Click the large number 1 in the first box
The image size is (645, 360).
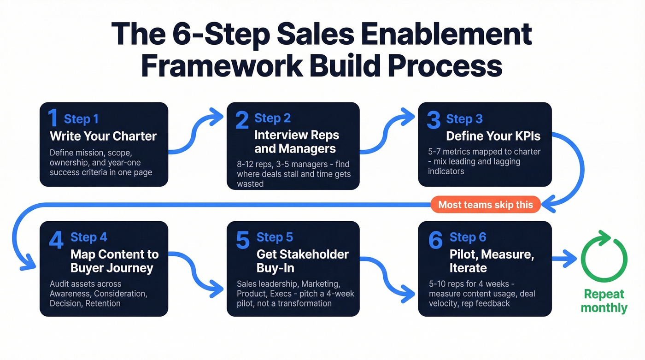[53, 118]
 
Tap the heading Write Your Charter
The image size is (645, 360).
[103, 136]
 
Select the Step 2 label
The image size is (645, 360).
[272, 118]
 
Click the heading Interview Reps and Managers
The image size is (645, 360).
[296, 142]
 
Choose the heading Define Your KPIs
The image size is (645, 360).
[493, 136]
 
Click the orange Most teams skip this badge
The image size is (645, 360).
[485, 205]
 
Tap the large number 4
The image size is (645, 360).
[56, 240]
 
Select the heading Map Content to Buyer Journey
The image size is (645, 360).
[114, 261]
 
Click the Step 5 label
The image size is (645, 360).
[274, 237]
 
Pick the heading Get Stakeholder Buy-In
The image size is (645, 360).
[302, 261]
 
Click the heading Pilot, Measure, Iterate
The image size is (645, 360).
[492, 261]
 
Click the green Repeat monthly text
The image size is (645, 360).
[604, 301]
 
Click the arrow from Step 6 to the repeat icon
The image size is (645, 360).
[564, 260]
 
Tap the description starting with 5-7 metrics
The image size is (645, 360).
[484, 161]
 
